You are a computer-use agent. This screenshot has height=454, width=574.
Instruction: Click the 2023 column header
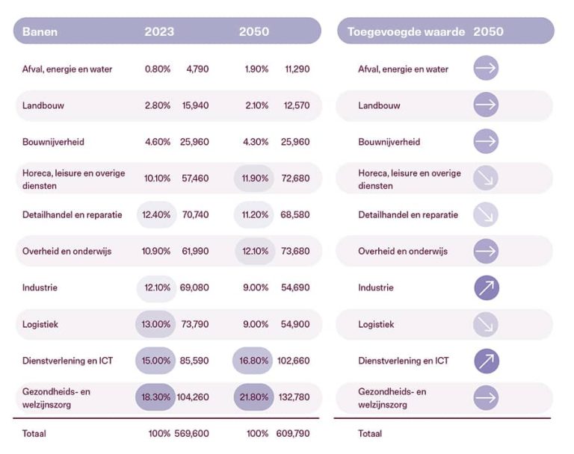point(159,31)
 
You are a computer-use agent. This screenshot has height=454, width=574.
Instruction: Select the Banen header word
point(40,32)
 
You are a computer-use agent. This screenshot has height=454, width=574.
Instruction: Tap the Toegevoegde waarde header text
point(406,32)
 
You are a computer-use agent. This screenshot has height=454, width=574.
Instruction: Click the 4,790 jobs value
point(197,69)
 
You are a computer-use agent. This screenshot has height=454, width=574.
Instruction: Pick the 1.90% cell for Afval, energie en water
point(256,69)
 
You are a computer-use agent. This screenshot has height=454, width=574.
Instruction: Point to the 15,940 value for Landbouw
point(196,105)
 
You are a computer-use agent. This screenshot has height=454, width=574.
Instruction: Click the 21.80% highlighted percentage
point(253,397)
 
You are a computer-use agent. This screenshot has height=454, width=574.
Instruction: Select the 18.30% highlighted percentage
point(155,397)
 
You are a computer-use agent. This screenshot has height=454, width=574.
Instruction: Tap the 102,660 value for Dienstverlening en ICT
point(293,361)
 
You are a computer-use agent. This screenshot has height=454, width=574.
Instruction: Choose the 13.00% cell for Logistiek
point(155,324)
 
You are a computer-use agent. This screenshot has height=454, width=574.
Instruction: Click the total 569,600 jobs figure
point(191,434)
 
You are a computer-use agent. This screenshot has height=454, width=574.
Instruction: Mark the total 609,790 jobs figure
point(293,434)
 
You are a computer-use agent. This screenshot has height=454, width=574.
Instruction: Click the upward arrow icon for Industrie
point(487,287)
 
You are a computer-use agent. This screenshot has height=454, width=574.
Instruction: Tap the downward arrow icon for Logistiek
point(486,324)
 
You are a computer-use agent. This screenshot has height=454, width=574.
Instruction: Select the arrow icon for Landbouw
point(486,105)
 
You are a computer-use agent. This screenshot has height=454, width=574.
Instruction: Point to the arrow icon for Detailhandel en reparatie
point(486,214)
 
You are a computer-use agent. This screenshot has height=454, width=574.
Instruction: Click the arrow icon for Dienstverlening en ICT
point(487,361)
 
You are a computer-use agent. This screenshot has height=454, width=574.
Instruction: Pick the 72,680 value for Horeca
point(295,178)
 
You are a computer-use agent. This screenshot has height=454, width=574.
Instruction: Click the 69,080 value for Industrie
point(194,287)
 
